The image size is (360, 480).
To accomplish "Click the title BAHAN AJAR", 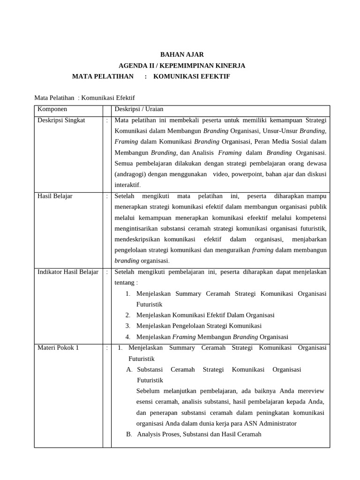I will coord(182,55).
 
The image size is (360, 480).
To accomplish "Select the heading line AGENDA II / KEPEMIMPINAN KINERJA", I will coord(182,66).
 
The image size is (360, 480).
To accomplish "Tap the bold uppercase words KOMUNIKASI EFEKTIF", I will coord(192,76).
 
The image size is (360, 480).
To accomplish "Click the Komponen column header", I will coord(52,109).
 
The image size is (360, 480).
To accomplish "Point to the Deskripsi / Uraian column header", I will coord(139,109).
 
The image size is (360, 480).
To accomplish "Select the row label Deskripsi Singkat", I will coord(61,120).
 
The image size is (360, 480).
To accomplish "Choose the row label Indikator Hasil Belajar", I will coord(67,272).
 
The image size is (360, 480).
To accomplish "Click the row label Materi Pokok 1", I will coord(58,348).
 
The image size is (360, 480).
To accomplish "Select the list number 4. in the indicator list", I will coord(127,337).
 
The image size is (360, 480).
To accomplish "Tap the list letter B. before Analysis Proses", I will coord(129,434).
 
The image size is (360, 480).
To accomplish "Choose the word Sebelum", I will coord(147,391).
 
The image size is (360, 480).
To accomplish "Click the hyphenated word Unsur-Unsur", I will coord(280,131).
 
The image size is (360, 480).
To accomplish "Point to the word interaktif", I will coord(127,185).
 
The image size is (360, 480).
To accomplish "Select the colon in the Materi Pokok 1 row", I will coord(107,348).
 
